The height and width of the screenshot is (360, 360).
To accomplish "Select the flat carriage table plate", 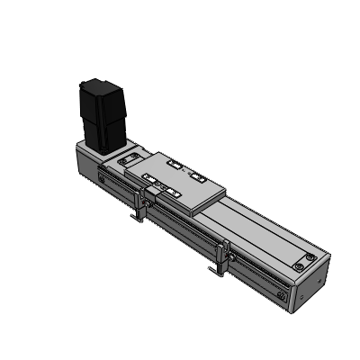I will pyautogui.click(x=180, y=181).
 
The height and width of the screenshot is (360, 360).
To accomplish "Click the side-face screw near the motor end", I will pyautogui.click(x=103, y=180).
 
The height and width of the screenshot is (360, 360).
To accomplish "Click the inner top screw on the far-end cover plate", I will pyautogui.click(x=297, y=267).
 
